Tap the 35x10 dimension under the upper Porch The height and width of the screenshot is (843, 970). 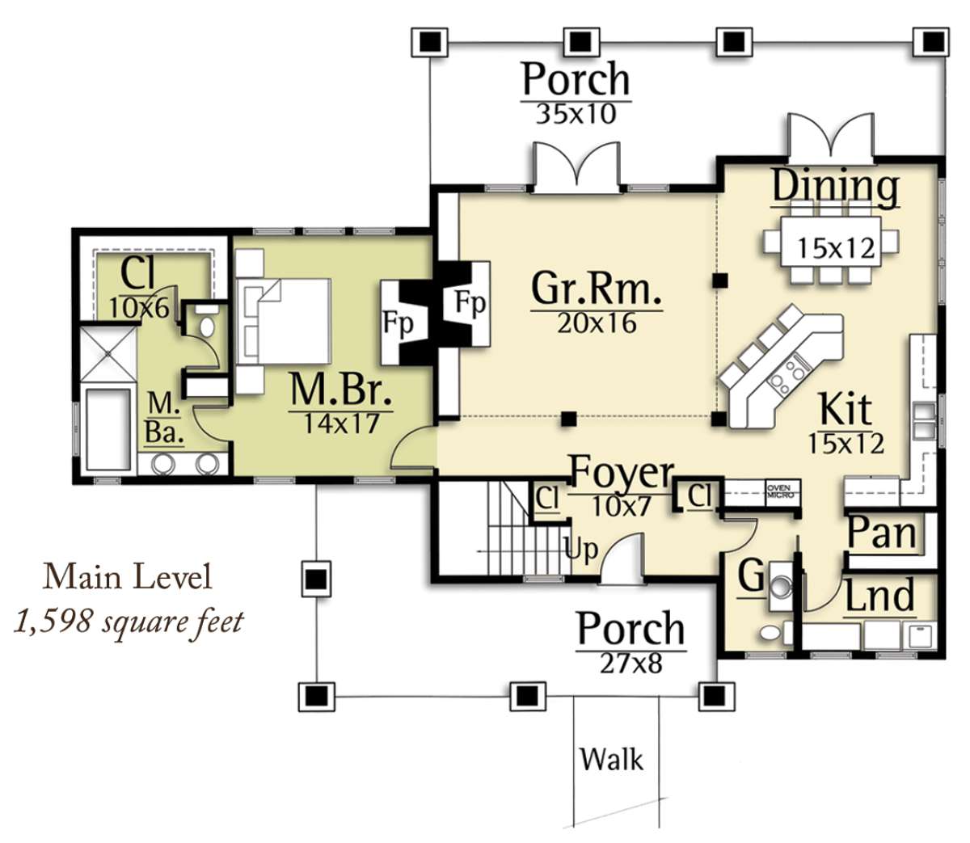pos(576,114)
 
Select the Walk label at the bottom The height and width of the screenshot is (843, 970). pos(612,759)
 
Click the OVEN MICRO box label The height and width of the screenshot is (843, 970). pos(778,491)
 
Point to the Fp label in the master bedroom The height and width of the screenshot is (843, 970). pos(399,324)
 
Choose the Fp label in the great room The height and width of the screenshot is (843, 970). pos(470,301)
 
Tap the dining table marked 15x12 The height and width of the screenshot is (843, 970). pos(831,249)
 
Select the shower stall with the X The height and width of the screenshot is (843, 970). pos(108,353)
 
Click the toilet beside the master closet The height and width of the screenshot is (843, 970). pos(207,322)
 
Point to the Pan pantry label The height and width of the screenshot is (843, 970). pos(881,534)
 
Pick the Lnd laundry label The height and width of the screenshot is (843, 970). pos(879,595)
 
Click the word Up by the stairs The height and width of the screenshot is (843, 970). pos(581,550)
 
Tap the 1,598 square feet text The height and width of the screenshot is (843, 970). pos(129,622)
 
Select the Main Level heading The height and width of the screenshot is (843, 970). pos(128,577)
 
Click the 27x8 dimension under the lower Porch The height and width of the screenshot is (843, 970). pos(630,664)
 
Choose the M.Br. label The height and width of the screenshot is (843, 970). pos(341,390)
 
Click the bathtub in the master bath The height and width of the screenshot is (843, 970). pos(108,430)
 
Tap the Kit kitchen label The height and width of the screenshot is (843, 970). pos(846,409)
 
